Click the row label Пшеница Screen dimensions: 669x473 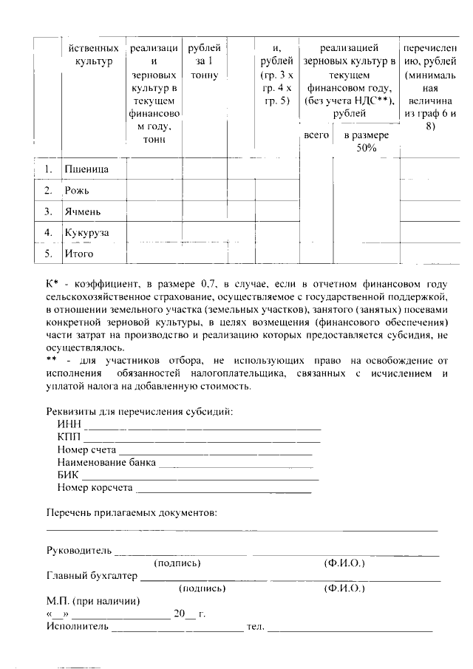tap(86, 170)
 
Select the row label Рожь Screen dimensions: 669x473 tap(77, 191)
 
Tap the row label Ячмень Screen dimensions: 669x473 tap(83, 211)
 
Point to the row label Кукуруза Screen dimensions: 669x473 tap(86, 233)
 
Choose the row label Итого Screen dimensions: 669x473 tap(79, 254)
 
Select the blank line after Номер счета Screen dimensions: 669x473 tap(216, 452)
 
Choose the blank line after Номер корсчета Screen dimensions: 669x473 tap(224, 490)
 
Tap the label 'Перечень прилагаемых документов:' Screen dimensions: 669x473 tap(132, 512)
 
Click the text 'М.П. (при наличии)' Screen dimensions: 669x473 tap(93, 601)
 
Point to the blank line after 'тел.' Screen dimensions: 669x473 tap(350, 630)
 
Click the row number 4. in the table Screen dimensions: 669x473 tap(48, 233)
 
